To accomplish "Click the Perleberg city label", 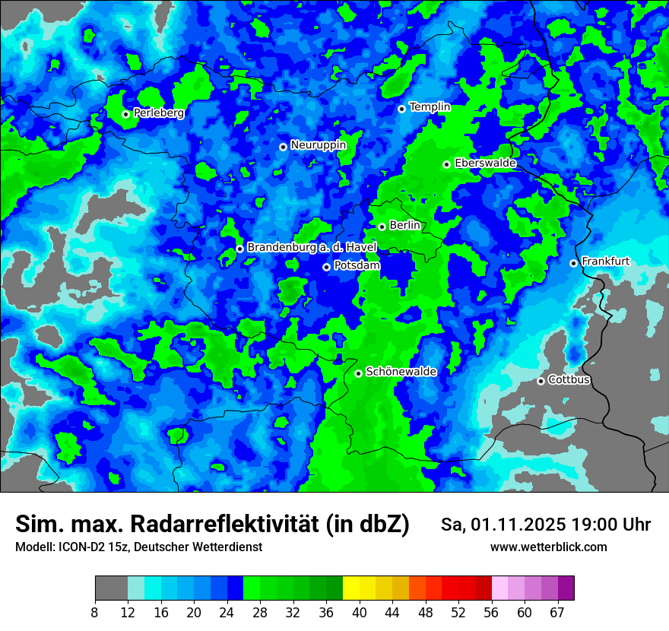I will click(x=159, y=113).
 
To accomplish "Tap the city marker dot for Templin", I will click(x=401, y=109).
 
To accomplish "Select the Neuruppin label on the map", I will click(x=318, y=145).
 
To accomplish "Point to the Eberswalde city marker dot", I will click(x=446, y=164).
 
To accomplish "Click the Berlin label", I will click(x=404, y=226).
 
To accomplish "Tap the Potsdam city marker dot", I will click(x=326, y=267).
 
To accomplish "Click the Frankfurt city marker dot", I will click(x=573, y=263).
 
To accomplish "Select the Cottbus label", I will click(x=569, y=380).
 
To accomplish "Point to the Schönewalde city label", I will click(x=401, y=373).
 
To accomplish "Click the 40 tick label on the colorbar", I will click(x=360, y=613).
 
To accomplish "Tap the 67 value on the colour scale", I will click(x=557, y=613).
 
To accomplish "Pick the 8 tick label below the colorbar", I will click(x=95, y=613).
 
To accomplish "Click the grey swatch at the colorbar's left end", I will click(x=111, y=588).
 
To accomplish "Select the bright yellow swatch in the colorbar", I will click(x=351, y=588).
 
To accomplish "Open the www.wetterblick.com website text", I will click(x=549, y=547).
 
